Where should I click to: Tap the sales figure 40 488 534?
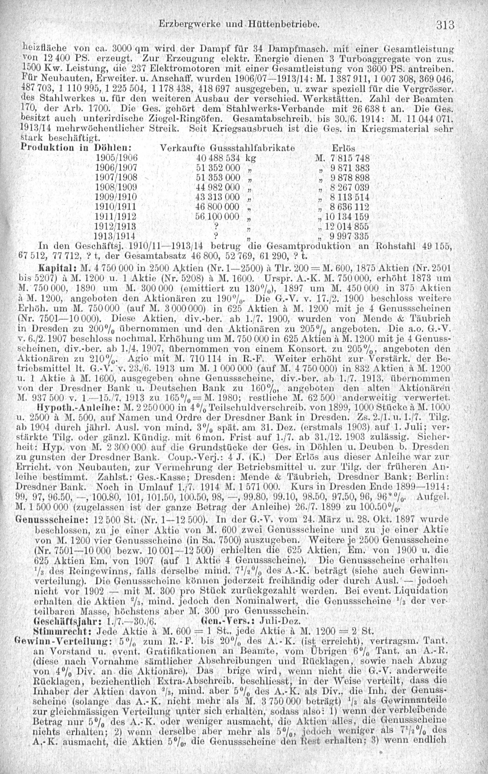tap(218, 158)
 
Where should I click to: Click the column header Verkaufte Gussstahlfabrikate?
tap(227, 148)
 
